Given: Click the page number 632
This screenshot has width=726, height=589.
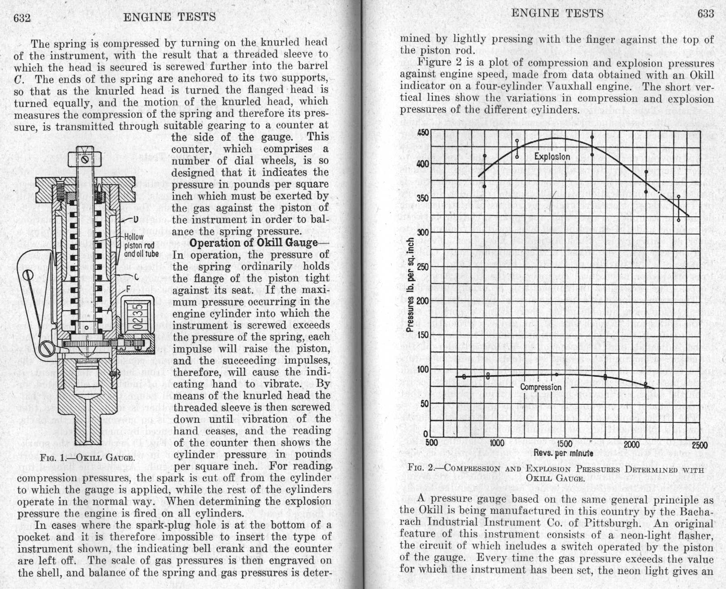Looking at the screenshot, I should (x=22, y=18).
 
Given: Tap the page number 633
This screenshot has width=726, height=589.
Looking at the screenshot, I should (x=705, y=14).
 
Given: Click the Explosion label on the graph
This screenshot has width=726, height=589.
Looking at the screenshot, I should (x=552, y=156).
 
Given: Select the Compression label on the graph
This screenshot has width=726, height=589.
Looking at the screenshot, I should (x=540, y=387).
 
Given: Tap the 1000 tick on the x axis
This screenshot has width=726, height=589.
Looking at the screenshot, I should (x=497, y=443).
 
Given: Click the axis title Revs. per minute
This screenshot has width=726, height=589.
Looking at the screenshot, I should (x=563, y=453).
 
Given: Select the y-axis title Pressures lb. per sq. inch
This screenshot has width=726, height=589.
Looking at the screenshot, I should (x=410, y=285).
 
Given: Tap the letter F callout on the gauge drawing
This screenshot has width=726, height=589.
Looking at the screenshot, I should (x=128, y=289).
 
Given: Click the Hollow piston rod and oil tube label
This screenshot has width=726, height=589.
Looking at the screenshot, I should (x=141, y=245).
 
